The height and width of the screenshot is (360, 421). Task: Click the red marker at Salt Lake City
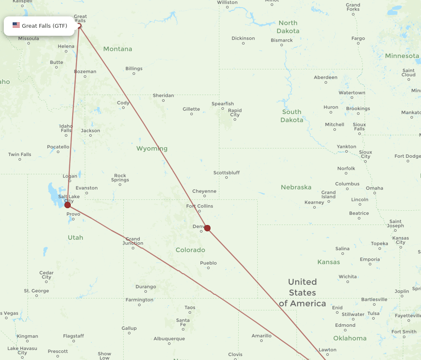pyautogui.click(x=67, y=205)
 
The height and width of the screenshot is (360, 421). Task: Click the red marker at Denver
pyautogui.click(x=207, y=228)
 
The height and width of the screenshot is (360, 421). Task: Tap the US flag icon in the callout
pyautogui.click(x=16, y=25)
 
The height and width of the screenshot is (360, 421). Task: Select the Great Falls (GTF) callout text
pyautogui.click(x=44, y=26)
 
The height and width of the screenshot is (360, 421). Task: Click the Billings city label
pyautogui.click(x=134, y=69)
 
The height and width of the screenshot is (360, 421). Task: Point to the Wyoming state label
pyautogui.click(x=152, y=148)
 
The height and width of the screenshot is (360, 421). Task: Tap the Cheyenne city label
pyautogui.click(x=204, y=191)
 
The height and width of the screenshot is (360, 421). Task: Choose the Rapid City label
pyautogui.click(x=234, y=113)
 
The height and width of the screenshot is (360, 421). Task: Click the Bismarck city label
pyautogui.click(x=282, y=40)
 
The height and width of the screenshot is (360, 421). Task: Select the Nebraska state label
pyautogui.click(x=296, y=187)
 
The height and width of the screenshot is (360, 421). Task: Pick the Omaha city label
pyautogui.click(x=374, y=188)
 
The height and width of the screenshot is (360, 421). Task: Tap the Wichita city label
pyautogui.click(x=347, y=277)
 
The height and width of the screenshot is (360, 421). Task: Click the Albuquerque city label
pyautogui.click(x=169, y=339)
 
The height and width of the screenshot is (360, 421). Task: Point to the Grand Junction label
pyautogui.click(x=133, y=241)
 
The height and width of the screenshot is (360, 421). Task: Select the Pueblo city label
pyautogui.click(x=208, y=263)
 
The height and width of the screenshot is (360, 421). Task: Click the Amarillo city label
pyautogui.click(x=261, y=336)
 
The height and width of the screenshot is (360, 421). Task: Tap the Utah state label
pyautogui.click(x=75, y=238)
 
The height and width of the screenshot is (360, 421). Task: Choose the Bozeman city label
pyautogui.click(x=85, y=71)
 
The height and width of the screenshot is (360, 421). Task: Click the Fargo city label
pyautogui.click(x=358, y=38)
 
